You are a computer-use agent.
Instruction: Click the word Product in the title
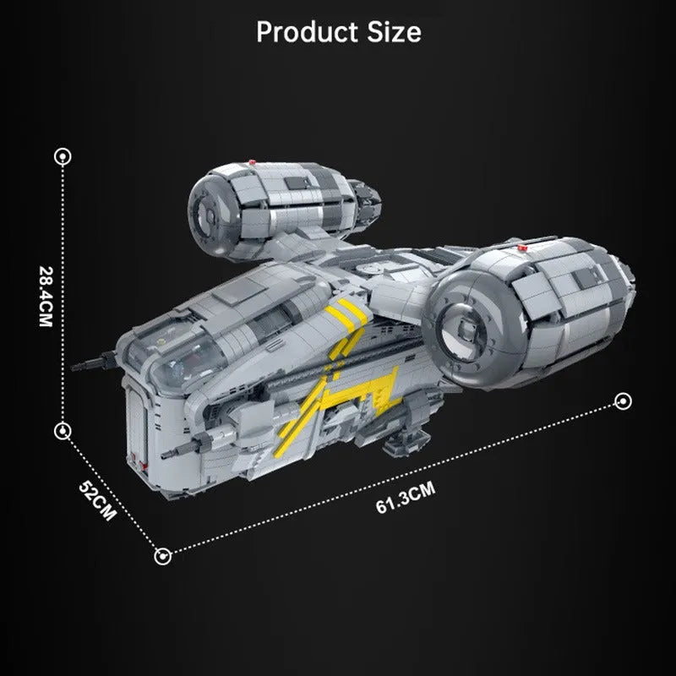click(307, 32)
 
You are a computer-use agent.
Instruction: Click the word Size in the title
click(394, 32)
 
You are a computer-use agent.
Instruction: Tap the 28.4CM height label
click(46, 297)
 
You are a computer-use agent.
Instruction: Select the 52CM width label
click(97, 500)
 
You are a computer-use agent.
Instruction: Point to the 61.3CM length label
click(406, 498)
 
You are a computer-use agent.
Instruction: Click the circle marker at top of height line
click(63, 156)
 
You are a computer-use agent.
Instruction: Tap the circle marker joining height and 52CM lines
click(63, 431)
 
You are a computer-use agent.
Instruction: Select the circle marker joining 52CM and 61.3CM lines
click(162, 556)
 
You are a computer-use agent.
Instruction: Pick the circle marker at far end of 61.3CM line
click(623, 401)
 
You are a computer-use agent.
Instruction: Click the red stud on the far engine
click(252, 162)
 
